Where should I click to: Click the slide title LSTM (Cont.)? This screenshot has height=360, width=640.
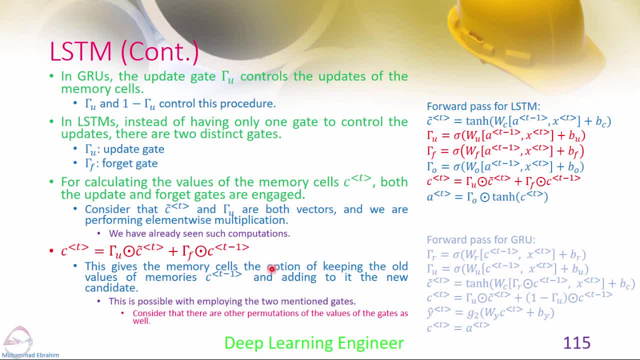(124, 52)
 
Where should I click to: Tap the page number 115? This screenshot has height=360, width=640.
(576, 342)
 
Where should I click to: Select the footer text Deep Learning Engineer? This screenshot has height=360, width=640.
(314, 343)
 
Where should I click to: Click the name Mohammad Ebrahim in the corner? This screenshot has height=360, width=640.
(30, 355)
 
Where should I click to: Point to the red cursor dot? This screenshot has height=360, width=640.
(271, 269)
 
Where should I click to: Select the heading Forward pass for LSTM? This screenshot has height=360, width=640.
(483, 106)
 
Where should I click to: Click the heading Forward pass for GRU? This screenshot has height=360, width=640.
(481, 239)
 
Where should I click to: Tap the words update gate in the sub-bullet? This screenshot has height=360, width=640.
(133, 149)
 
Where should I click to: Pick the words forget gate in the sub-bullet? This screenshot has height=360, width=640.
(130, 163)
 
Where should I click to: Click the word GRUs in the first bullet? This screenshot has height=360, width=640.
(93, 76)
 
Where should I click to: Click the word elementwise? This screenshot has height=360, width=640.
(178, 220)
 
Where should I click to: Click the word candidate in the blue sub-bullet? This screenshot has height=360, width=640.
(111, 288)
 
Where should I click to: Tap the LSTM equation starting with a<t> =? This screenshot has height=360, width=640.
(487, 196)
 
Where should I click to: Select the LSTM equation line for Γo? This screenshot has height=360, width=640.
(505, 166)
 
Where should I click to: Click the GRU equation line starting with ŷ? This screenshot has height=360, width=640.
(490, 313)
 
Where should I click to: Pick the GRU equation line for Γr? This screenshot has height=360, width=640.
(506, 254)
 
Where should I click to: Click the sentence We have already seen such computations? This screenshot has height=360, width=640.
(199, 233)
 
